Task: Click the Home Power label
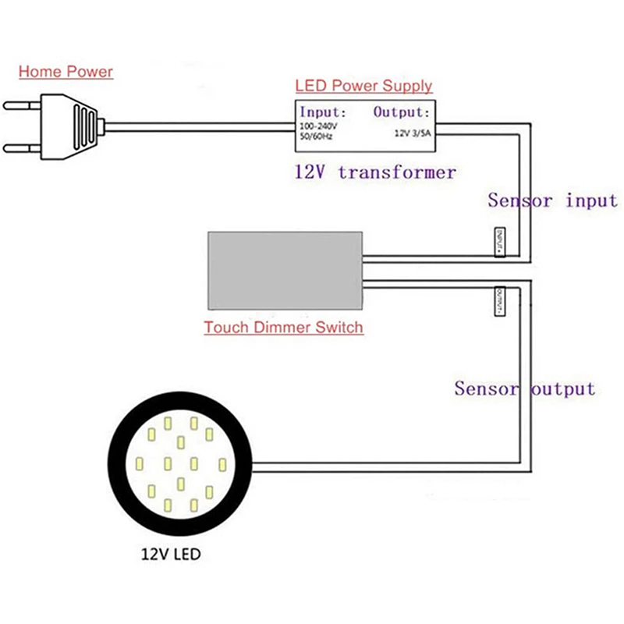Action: pyautogui.click(x=66, y=73)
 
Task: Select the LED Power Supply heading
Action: pyautogui.click(x=363, y=87)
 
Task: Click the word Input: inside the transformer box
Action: pyautogui.click(x=323, y=112)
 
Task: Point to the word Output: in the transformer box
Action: pyautogui.click(x=401, y=112)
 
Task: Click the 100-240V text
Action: pyautogui.click(x=319, y=126)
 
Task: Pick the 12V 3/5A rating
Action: pyautogui.click(x=413, y=133)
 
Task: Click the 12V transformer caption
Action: pyautogui.click(x=375, y=172)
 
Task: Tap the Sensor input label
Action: pyautogui.click(x=552, y=200)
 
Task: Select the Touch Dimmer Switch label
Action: pyautogui.click(x=284, y=328)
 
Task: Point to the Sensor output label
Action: pyautogui.click(x=524, y=388)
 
